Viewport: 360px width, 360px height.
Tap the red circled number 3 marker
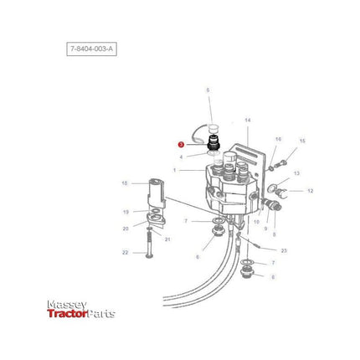(x=180, y=145)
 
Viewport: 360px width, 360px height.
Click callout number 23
(x=284, y=250)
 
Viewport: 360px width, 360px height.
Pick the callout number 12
(x=310, y=191)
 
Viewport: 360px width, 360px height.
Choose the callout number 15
(x=303, y=141)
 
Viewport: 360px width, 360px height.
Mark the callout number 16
(x=279, y=139)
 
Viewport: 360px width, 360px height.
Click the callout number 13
(x=296, y=172)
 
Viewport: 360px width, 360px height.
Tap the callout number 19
(x=126, y=212)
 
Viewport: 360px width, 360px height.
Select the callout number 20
(x=126, y=228)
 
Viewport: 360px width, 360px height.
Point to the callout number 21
(x=168, y=239)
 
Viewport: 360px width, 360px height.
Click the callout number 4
(x=180, y=157)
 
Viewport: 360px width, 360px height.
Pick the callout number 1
(x=174, y=170)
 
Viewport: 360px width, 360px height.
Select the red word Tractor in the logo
(x=65, y=314)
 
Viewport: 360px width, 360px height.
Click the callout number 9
(x=265, y=229)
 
